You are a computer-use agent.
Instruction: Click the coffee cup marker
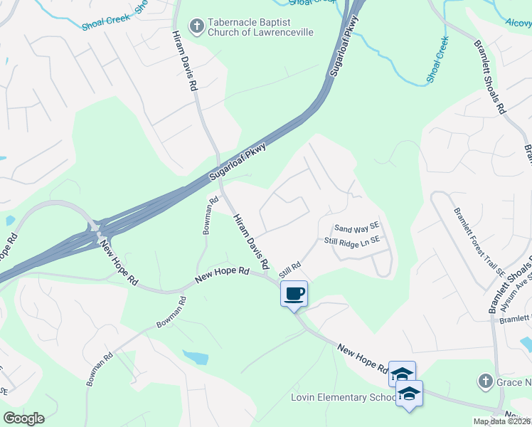(294, 293)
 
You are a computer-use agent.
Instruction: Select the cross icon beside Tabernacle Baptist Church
(196, 27)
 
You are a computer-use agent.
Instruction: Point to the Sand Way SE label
(358, 228)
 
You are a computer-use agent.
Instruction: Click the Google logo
(23, 418)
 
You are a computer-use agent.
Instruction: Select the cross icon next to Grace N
(486, 381)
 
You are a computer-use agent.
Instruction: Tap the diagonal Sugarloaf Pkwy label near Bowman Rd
(238, 164)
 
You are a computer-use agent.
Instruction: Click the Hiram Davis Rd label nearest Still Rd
(252, 242)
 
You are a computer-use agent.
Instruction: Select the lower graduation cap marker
(410, 394)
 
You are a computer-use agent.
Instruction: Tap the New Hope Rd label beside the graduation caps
(363, 359)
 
